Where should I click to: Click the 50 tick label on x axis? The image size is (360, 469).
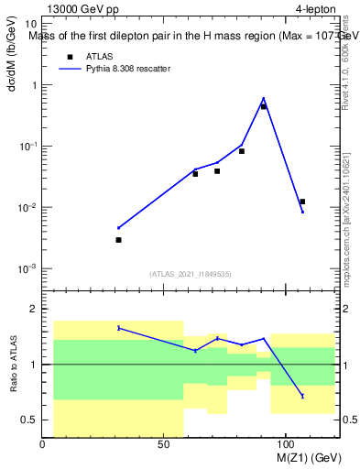pos(164,444)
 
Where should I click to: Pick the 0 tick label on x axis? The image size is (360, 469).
pos(43,444)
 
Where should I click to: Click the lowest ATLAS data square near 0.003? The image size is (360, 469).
pos(118,240)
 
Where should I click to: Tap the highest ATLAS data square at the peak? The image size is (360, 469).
pos(263,106)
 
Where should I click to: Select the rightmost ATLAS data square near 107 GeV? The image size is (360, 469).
pos(302,202)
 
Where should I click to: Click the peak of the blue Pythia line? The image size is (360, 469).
pos(263,98)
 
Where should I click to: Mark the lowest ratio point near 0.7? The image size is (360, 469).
pos(302,396)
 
